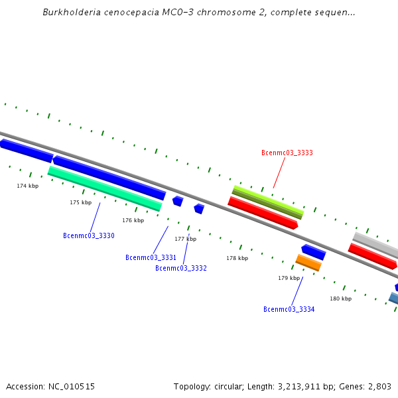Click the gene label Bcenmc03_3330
pyautogui.click(x=88, y=235)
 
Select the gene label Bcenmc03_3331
pyautogui.click(x=151, y=257)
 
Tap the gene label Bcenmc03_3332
pyautogui.click(x=180, y=268)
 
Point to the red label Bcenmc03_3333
pyautogui.click(x=287, y=153)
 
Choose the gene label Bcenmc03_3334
pyautogui.click(x=289, y=309)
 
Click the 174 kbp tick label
pyautogui.click(x=28, y=186)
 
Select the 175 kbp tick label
pyautogui.click(x=80, y=202)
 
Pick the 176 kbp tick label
pyautogui.click(x=133, y=220)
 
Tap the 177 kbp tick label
pyautogui.click(x=185, y=239)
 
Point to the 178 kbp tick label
pyautogui.click(x=237, y=258)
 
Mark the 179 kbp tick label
pyautogui.click(x=289, y=278)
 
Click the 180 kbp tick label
pyautogui.click(x=340, y=298)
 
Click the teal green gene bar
pyautogui.click(x=105, y=188)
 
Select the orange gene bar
pyautogui.click(x=308, y=263)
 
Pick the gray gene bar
pyautogui.click(x=375, y=245)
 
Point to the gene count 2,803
pyautogui.click(x=379, y=386)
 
